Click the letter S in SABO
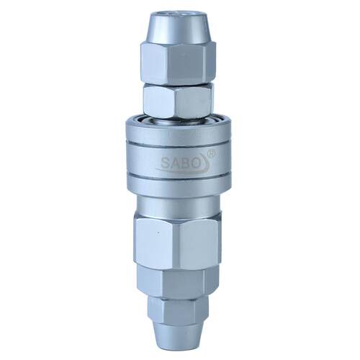pos(165,163)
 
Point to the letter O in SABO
pos(196,163)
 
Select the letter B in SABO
pos(185,163)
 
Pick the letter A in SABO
pos(175,163)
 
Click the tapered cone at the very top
pos(178,29)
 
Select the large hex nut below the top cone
pos(178,63)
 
